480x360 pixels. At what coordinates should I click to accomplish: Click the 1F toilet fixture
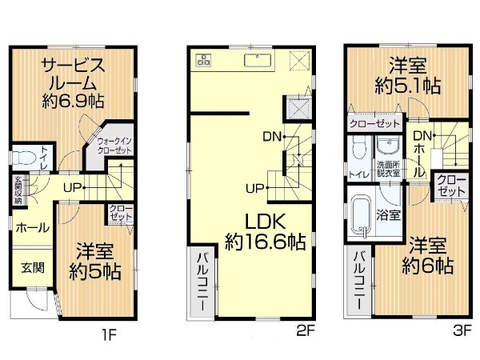coord(24,158)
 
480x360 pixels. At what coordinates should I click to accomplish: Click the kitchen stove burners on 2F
coord(203,59)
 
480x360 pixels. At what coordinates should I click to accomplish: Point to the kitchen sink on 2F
coord(258,60)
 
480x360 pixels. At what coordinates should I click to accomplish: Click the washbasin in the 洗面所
coord(389,146)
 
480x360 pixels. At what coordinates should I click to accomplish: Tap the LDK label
coord(266,222)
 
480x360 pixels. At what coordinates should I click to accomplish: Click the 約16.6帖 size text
coord(266,242)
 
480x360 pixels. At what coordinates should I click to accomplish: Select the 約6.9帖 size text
coord(73,101)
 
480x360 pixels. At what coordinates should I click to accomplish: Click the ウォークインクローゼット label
coord(114,146)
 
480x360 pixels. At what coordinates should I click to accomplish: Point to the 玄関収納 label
coord(18,190)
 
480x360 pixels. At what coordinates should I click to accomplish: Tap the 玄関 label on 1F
coord(33,267)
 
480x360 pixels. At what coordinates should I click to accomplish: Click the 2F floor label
coord(306,330)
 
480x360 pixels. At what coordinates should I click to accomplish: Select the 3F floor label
coord(462,330)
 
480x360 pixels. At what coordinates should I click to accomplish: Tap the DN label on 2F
coord(272,137)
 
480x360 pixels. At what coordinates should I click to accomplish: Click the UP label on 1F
coord(72,187)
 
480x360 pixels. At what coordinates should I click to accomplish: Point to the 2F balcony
coord(202,282)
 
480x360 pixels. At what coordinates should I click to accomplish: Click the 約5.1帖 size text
coord(408,86)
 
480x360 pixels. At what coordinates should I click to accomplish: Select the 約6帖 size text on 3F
coord(427,266)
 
